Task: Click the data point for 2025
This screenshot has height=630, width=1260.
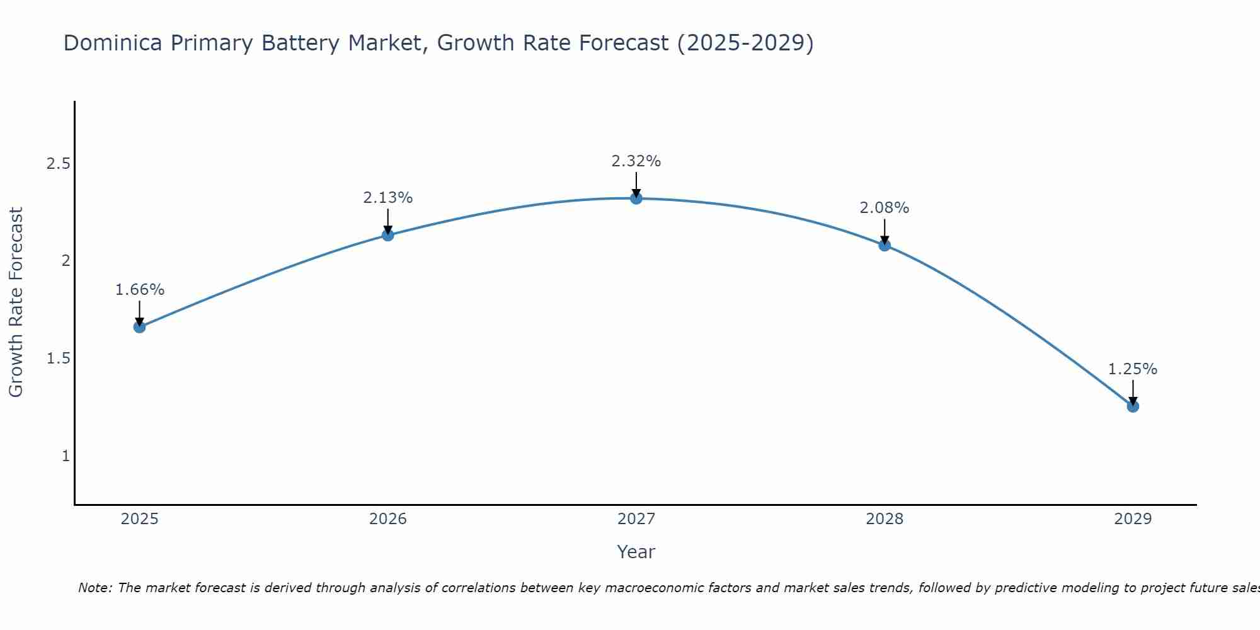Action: [x=140, y=327]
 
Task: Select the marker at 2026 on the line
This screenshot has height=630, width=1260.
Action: [x=388, y=235]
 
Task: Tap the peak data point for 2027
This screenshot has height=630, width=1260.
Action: [x=636, y=198]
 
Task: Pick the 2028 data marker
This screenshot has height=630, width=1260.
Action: [x=885, y=245]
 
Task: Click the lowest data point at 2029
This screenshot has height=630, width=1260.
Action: [x=1133, y=406]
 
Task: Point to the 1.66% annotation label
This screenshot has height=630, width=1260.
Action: [x=140, y=290]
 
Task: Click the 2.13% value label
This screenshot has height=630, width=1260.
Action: [x=388, y=198]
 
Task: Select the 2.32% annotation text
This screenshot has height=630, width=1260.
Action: [x=636, y=161]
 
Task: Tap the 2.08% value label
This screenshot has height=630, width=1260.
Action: [x=885, y=208]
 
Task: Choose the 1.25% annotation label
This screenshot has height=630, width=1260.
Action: [x=1133, y=369]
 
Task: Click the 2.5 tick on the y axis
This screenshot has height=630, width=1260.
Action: [x=58, y=164]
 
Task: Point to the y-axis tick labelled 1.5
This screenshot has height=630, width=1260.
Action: [x=58, y=358]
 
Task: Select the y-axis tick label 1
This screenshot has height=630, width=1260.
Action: [x=66, y=455]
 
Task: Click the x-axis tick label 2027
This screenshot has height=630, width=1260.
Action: [x=636, y=519]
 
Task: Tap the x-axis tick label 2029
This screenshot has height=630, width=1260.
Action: [x=1133, y=519]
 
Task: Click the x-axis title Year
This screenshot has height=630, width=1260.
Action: [x=636, y=552]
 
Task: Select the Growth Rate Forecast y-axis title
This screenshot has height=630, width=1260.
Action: [x=16, y=302]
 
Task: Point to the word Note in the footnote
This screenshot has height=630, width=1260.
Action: [x=94, y=588]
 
